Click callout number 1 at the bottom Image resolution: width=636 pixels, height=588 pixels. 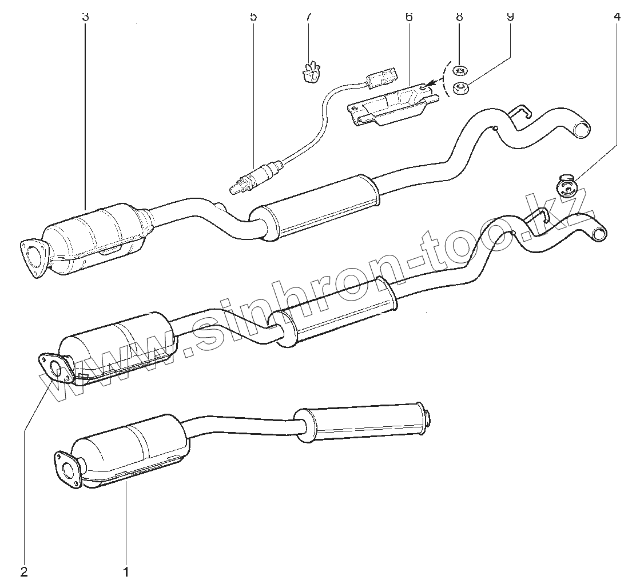click(126, 571)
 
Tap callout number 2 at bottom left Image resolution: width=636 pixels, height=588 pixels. click(24, 571)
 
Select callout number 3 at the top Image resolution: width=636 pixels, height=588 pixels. click(85, 17)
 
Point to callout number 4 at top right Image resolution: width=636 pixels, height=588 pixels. click(616, 17)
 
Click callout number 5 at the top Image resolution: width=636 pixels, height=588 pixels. click(253, 17)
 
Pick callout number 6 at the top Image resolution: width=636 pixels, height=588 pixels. click(408, 17)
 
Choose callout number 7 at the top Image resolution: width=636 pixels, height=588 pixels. click(308, 17)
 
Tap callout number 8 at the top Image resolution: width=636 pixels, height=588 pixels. click(459, 17)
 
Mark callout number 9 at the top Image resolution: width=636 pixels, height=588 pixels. click(510, 17)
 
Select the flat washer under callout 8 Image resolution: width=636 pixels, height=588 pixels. click(460, 71)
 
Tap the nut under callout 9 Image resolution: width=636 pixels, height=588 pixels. click(460, 88)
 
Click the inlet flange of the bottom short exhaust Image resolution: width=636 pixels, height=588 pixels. click(69, 469)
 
